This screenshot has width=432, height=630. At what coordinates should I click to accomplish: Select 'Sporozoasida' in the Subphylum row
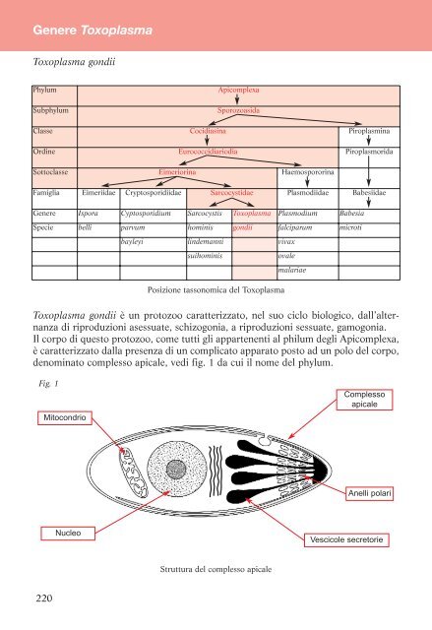tap(238, 110)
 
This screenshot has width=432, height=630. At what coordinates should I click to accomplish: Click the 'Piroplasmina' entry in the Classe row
tap(369, 131)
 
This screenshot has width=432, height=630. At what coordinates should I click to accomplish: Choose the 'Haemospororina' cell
tap(312, 172)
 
